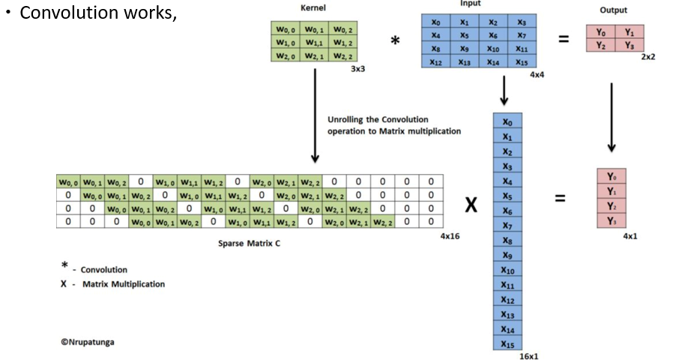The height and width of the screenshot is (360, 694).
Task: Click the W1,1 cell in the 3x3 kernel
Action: coord(314,42)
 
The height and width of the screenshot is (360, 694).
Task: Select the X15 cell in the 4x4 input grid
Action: coord(522,62)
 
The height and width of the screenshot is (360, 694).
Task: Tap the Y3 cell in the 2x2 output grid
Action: coord(630,46)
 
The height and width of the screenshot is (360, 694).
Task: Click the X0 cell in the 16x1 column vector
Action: coord(507,121)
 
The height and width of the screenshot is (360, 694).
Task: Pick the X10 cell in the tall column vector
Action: coord(507,270)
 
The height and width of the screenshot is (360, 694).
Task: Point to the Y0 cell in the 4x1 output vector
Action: coord(612,177)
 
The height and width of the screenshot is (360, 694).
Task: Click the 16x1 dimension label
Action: coord(529,356)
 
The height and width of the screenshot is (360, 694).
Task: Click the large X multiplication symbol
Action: coord(471,204)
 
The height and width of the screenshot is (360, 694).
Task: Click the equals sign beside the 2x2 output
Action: coord(564,40)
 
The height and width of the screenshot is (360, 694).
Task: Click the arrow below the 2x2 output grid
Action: coord(612,116)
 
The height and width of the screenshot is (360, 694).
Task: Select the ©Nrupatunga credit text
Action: coord(88,342)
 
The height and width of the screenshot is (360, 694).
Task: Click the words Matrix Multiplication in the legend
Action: coord(124,284)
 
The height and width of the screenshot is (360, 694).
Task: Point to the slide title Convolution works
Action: coord(97,13)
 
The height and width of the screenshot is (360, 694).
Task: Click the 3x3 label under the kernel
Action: coord(357,68)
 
